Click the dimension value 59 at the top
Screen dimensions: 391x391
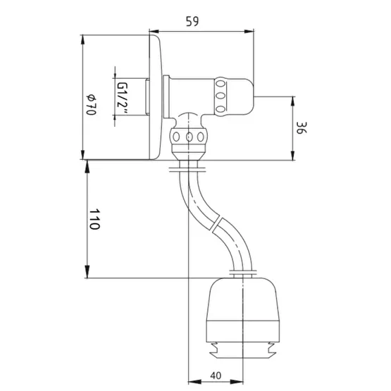click(192, 21)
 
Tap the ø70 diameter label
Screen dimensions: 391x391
click(92, 105)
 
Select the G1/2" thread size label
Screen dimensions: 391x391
click(122, 98)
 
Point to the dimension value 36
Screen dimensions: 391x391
click(302, 128)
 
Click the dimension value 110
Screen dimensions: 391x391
click(95, 219)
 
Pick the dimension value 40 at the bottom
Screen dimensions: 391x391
click(216, 376)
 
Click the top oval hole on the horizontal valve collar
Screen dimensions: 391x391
click(220, 84)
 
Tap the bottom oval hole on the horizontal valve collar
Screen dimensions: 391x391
click(220, 109)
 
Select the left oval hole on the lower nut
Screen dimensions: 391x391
click(176, 137)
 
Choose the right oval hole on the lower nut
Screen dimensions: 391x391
click(201, 137)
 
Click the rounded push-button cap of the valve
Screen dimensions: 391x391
click(240, 97)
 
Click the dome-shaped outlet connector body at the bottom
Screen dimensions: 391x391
click(243, 310)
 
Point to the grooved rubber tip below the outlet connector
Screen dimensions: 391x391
click(243, 351)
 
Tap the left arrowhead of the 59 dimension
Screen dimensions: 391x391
click(154, 32)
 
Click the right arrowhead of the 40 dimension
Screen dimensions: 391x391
click(238, 382)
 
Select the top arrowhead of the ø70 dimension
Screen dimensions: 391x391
click(82, 40)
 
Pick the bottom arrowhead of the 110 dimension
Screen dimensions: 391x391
click(87, 272)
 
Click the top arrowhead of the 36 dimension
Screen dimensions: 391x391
click(293, 101)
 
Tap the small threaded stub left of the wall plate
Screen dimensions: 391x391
click(147, 97)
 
